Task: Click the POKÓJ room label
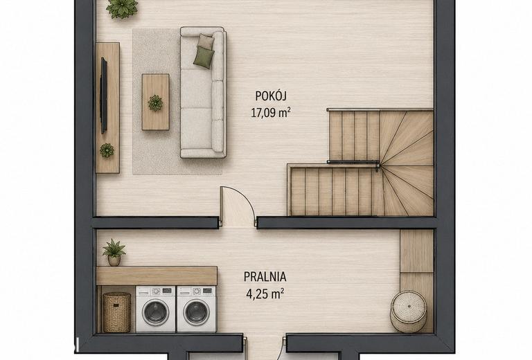click(x=271, y=96)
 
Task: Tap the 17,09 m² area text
click(x=271, y=113)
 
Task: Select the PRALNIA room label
click(x=265, y=277)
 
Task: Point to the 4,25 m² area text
click(x=265, y=294)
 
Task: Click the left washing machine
click(x=156, y=309)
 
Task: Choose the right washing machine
click(x=197, y=309)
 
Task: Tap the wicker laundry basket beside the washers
click(x=116, y=312)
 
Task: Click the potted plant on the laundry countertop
click(x=114, y=253)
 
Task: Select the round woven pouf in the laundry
click(x=408, y=312)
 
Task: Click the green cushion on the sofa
click(x=204, y=57)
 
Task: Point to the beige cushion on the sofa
click(x=206, y=42)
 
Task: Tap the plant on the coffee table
click(x=155, y=102)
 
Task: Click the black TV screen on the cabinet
click(x=104, y=96)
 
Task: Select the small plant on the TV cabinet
click(x=107, y=150)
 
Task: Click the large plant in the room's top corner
click(x=122, y=8)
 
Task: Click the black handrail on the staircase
click(x=353, y=163)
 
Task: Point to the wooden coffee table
click(x=155, y=102)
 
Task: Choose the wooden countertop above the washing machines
click(x=157, y=276)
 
